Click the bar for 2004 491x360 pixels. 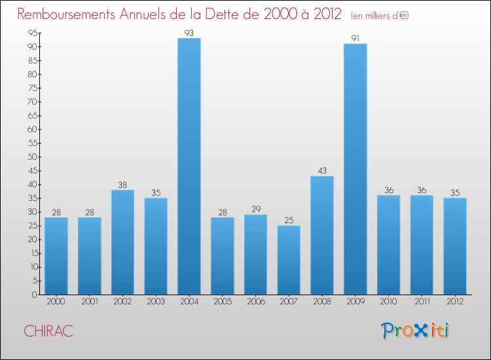click(189, 166)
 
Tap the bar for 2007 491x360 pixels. click(289, 260)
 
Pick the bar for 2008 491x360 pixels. click(322, 235)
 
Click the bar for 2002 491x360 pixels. click(122, 242)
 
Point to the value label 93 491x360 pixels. click(189, 33)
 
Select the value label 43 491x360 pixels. click(322, 171)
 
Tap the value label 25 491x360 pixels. click(289, 221)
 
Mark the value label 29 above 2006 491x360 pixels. click(255, 209)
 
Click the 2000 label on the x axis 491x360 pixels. click(56, 303)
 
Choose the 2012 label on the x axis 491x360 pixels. click(454, 303)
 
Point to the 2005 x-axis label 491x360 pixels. click(222, 303)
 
